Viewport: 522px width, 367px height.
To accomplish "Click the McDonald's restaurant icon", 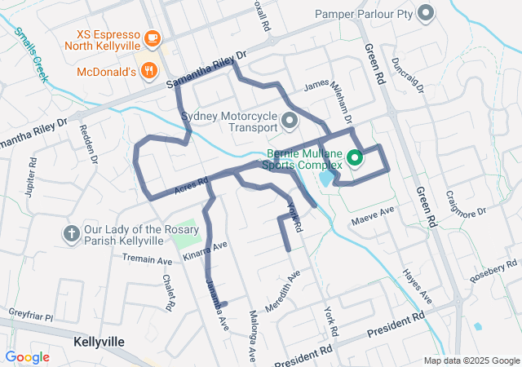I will (148, 70).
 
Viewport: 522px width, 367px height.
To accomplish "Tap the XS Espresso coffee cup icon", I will (152, 38).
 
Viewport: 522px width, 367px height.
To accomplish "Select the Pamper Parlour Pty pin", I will (425, 13).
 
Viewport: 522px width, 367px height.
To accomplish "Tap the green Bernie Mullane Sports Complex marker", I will (355, 158).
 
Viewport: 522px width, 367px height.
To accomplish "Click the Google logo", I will (27, 357).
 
